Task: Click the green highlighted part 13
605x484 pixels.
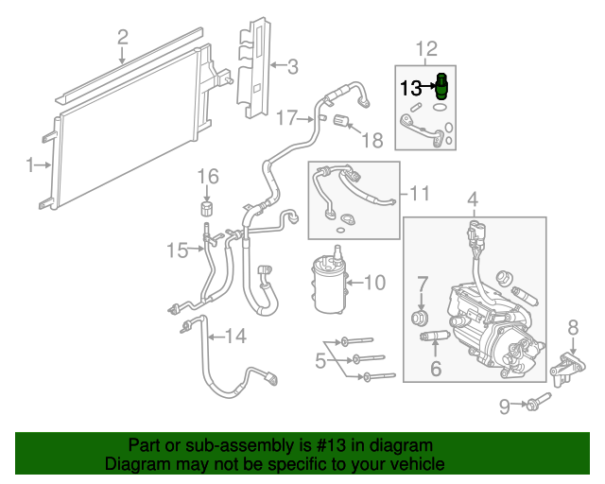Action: click(x=441, y=87)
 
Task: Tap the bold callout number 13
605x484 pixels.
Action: click(x=411, y=88)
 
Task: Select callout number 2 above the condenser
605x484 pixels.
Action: click(x=122, y=38)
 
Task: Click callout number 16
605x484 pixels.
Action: click(x=208, y=177)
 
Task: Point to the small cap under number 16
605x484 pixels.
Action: click(x=207, y=208)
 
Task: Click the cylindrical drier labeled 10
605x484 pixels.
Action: click(x=329, y=281)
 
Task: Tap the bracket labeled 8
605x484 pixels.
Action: click(x=567, y=368)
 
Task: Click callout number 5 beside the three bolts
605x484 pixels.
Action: click(x=320, y=361)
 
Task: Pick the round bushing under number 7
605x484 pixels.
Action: click(x=420, y=318)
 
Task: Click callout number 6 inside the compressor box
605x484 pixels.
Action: click(x=436, y=369)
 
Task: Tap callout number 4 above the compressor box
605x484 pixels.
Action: click(x=473, y=199)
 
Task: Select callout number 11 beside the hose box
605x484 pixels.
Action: click(x=419, y=194)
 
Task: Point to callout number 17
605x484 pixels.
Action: click(x=287, y=118)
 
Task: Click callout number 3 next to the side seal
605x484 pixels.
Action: click(x=293, y=67)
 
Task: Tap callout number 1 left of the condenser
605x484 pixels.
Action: click(x=30, y=164)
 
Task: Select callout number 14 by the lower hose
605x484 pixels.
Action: click(x=235, y=336)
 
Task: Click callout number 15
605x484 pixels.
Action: click(x=178, y=251)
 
